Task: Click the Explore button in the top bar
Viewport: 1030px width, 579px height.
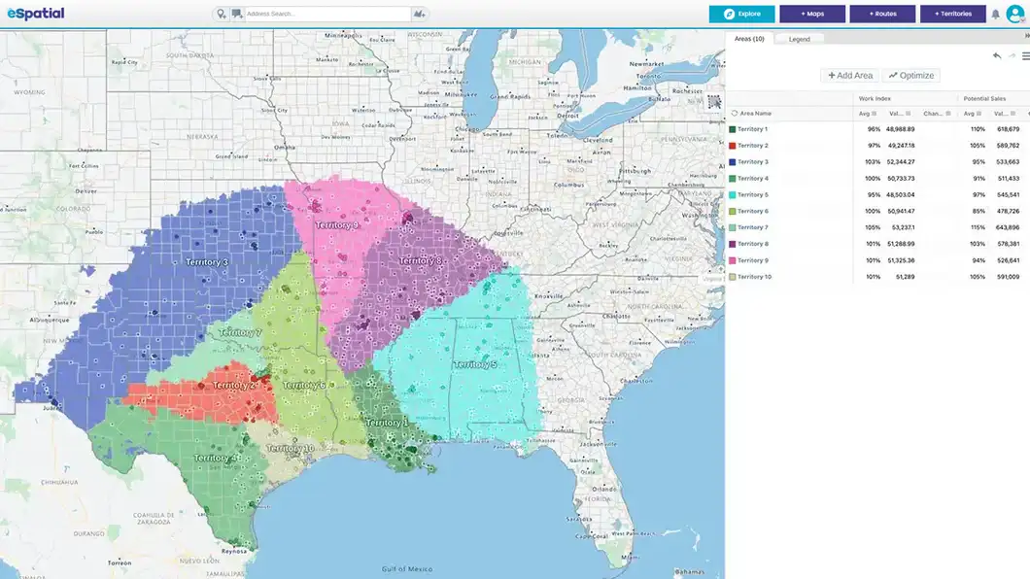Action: point(741,14)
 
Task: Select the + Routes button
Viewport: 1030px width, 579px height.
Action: point(882,14)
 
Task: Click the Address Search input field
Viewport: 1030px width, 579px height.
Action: point(326,15)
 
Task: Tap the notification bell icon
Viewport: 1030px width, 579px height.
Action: point(995,15)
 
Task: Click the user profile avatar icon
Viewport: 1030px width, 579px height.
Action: point(1015,14)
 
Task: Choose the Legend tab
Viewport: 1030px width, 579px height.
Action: point(799,39)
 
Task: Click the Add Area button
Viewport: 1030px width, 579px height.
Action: point(850,75)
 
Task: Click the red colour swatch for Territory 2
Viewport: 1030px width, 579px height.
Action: point(732,146)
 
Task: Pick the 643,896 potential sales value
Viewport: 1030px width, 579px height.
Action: point(1008,227)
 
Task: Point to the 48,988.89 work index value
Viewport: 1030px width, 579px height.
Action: point(901,129)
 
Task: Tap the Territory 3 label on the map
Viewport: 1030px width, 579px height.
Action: point(207,262)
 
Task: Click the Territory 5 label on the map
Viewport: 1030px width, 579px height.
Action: point(474,364)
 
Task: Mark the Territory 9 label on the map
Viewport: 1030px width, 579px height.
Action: point(336,225)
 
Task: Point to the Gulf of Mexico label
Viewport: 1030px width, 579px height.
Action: point(405,568)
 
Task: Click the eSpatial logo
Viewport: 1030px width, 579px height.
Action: point(35,15)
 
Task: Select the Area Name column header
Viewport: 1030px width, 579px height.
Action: point(755,113)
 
